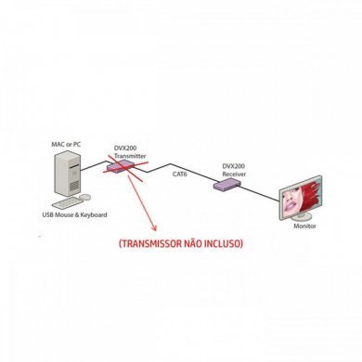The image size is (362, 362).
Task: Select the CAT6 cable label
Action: (x=180, y=173)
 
